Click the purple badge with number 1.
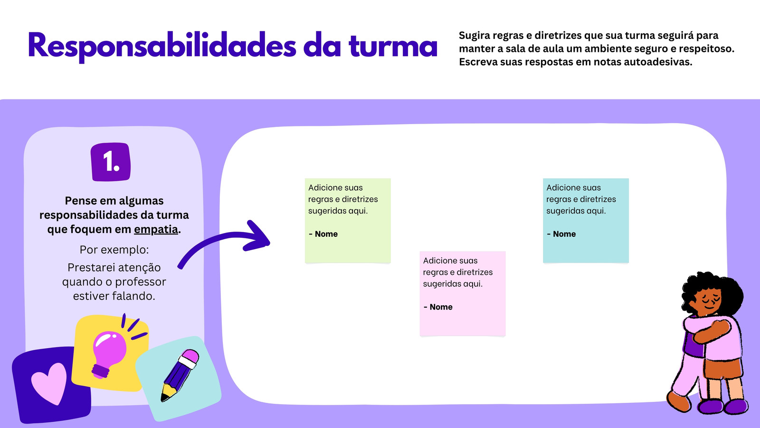(x=111, y=162)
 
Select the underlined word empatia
(x=156, y=230)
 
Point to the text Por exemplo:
(x=114, y=250)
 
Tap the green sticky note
(x=348, y=221)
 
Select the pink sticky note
(x=463, y=293)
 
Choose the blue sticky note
(x=586, y=221)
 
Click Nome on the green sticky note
(x=326, y=234)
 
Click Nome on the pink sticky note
(x=441, y=307)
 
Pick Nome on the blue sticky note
(x=564, y=234)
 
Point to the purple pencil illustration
(x=180, y=375)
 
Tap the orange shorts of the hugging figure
(x=722, y=369)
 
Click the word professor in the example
(x=140, y=282)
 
